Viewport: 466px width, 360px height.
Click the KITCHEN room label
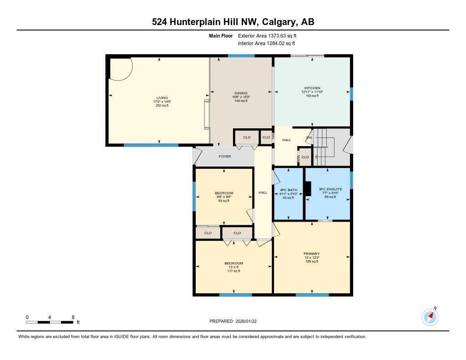point(312,88)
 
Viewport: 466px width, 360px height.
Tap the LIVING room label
point(162,97)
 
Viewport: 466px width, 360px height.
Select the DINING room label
point(241,93)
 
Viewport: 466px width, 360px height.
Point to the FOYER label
point(225,157)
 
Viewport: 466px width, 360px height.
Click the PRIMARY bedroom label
point(312,254)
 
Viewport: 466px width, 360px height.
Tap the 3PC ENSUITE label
point(327,189)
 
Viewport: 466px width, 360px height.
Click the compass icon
point(430,317)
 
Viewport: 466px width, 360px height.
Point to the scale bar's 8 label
point(73,317)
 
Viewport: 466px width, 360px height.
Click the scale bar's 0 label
point(27,317)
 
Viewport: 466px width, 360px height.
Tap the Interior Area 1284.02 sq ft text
point(266,44)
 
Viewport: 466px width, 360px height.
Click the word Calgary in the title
point(280,22)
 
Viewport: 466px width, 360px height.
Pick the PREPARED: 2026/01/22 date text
point(236,321)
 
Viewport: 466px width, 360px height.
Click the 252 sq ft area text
point(162,105)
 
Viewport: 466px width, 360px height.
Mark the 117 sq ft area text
point(233,271)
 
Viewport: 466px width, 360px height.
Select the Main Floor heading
point(221,35)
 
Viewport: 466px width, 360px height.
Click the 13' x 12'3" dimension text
point(312,258)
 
